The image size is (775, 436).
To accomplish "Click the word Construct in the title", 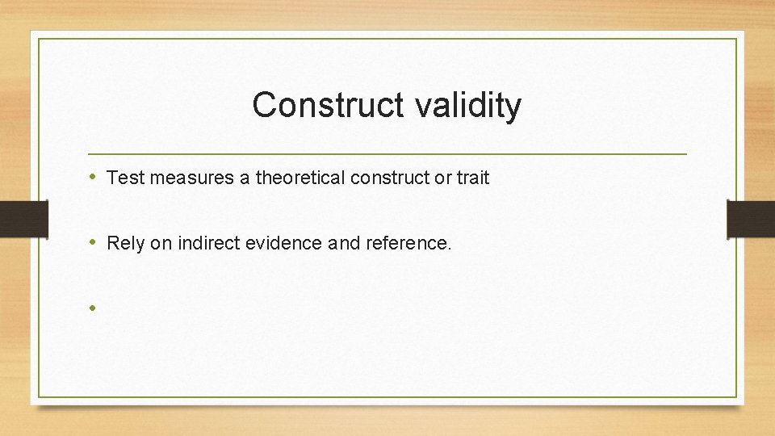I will [x=317, y=106].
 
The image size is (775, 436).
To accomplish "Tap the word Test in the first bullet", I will [x=124, y=178].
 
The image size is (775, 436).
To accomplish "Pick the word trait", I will [x=473, y=178].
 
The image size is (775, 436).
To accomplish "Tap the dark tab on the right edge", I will [x=751, y=219].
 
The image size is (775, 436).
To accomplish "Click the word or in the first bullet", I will [x=443, y=178].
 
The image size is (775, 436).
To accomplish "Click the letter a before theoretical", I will [x=245, y=178].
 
